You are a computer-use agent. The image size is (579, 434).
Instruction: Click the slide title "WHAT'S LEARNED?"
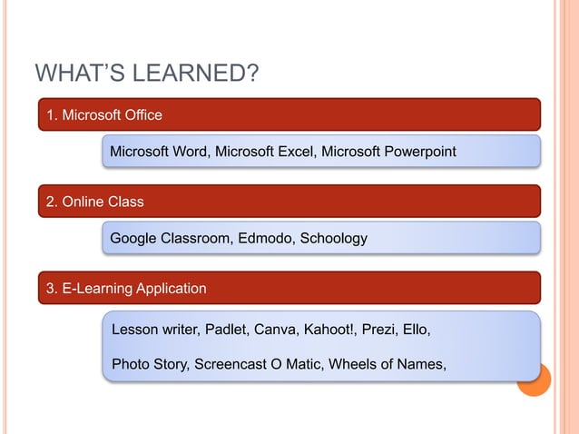pos(146,73)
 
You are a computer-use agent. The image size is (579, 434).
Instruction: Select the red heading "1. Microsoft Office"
pos(104,114)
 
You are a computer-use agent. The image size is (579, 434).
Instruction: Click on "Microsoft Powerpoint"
pos(388,151)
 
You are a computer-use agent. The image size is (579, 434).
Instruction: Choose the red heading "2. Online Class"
pos(95,201)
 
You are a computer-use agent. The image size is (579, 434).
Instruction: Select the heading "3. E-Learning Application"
pos(126,288)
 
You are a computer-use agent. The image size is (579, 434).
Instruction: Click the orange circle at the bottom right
pos(535,381)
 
